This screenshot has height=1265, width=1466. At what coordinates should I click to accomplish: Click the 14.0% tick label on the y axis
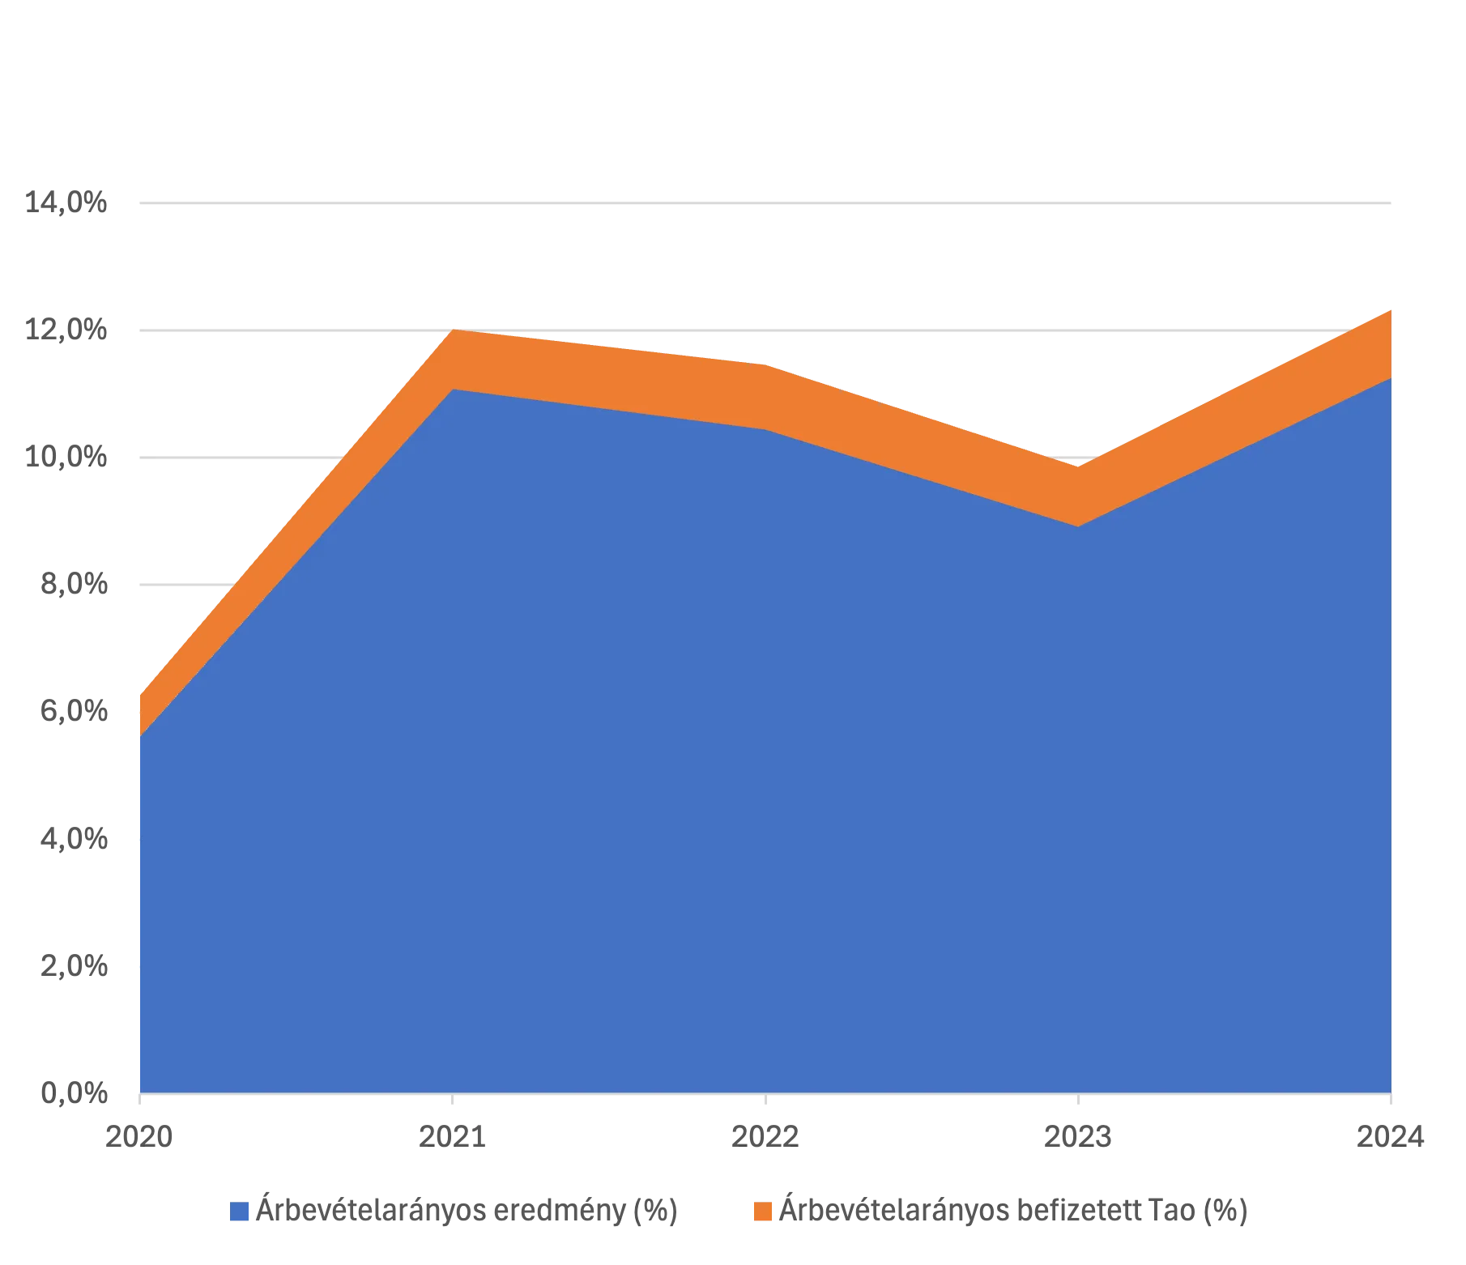pos(67,202)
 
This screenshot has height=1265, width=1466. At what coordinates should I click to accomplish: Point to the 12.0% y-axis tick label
pos(67,330)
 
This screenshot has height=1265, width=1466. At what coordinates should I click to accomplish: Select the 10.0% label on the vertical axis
pos(67,457)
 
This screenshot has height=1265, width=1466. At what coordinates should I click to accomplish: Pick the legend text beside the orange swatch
pos(1012,1212)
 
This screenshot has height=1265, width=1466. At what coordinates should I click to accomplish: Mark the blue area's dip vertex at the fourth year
pos(1077,526)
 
